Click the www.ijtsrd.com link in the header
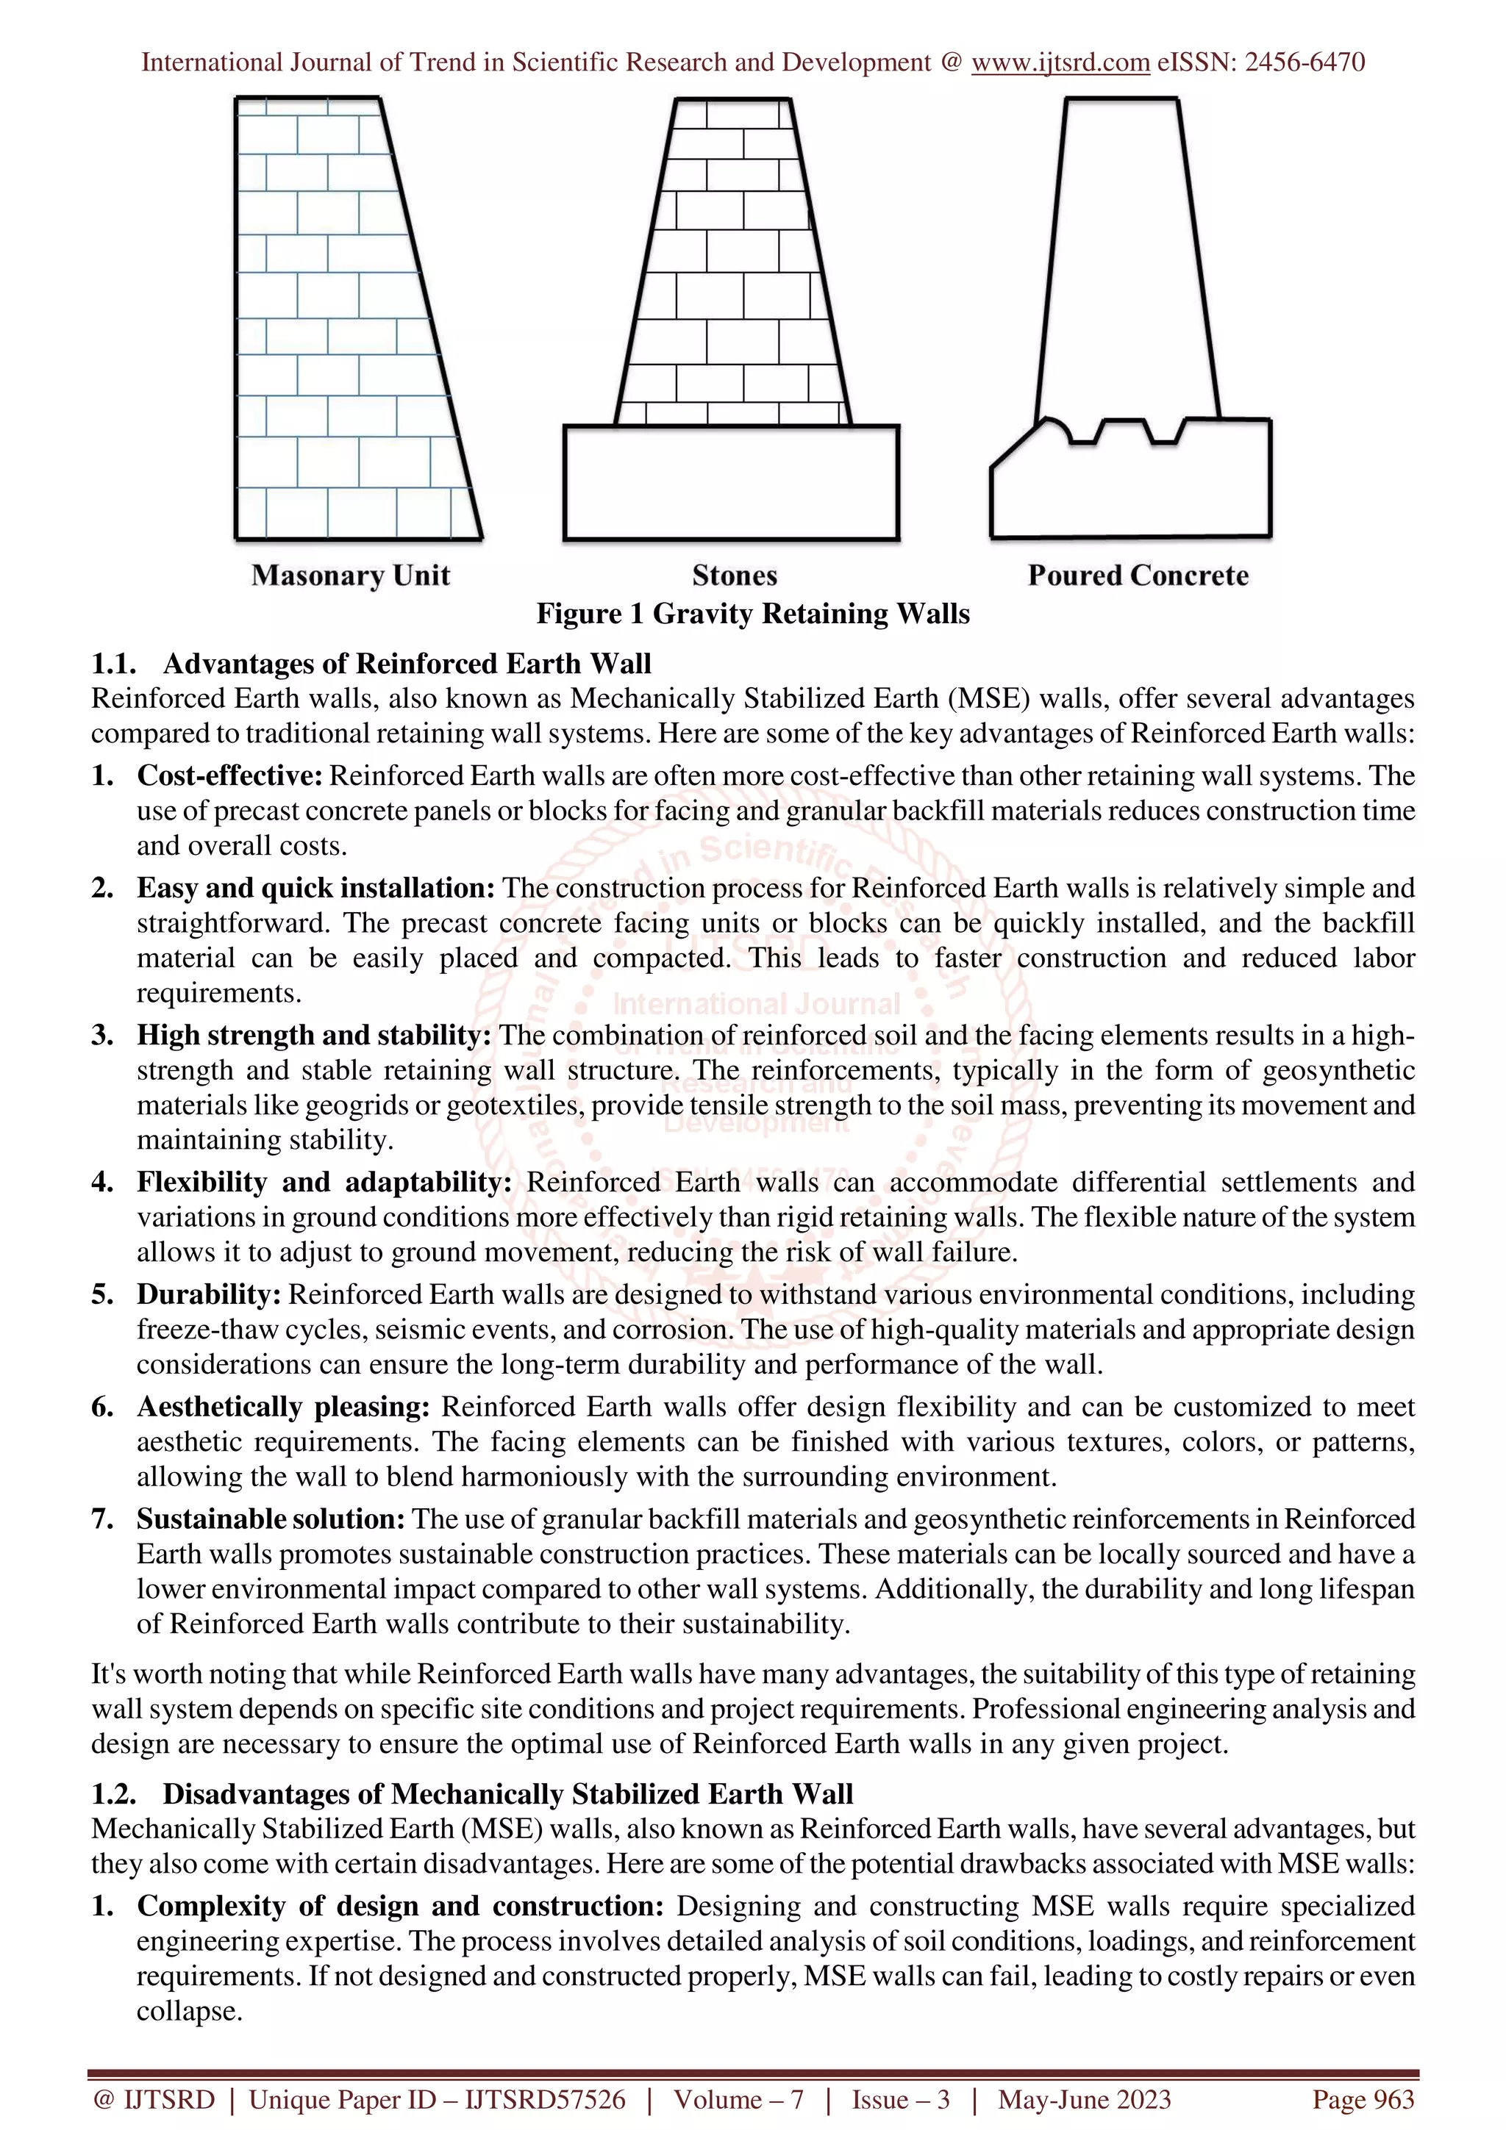pos(1060,62)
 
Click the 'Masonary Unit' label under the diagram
pos(351,575)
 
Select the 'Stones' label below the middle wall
pos(734,575)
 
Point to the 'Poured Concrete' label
pos(1138,575)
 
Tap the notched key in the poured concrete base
pos(1127,434)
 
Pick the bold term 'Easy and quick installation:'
pos(315,888)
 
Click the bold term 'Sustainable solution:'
pos(271,1518)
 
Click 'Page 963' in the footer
pos(1362,2098)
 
